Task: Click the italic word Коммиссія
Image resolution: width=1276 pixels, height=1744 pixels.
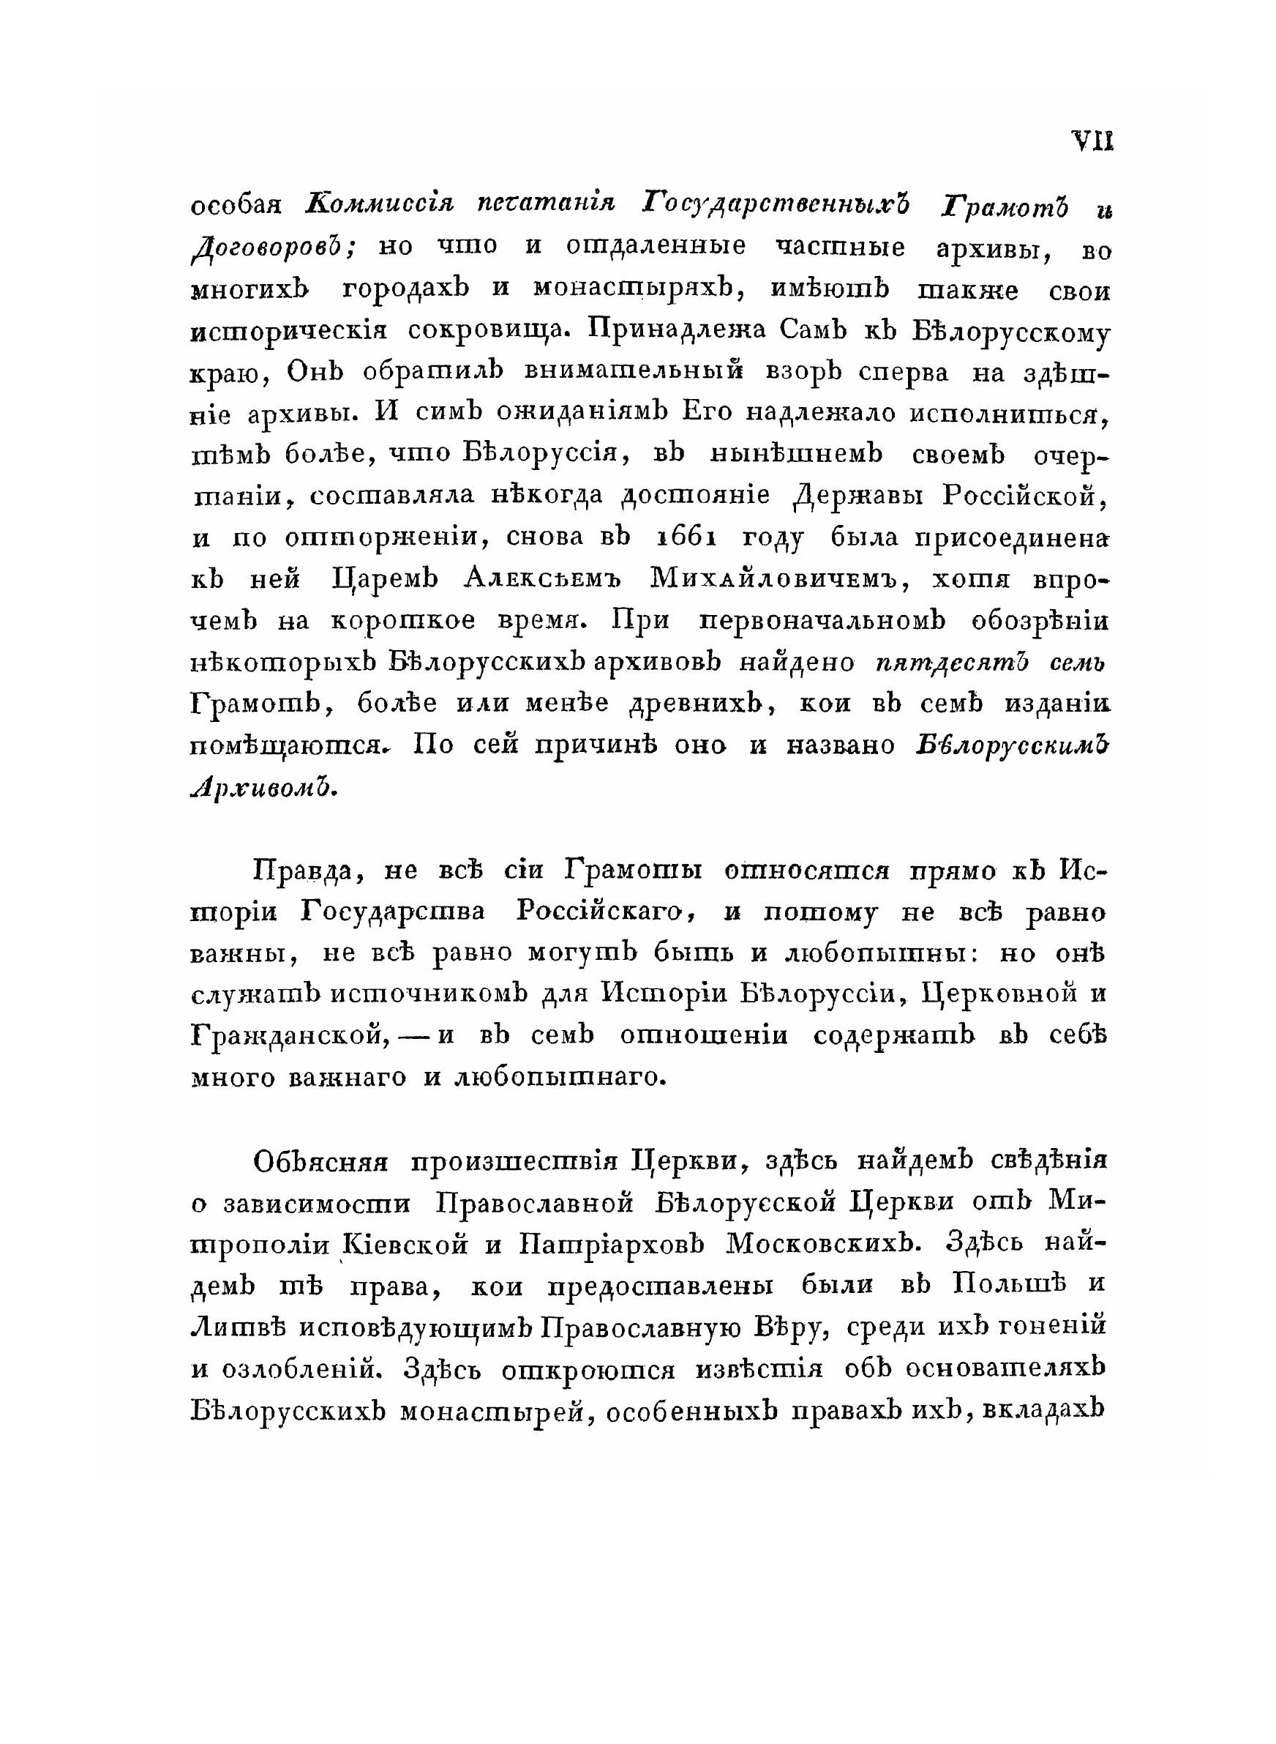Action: click(x=379, y=204)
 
